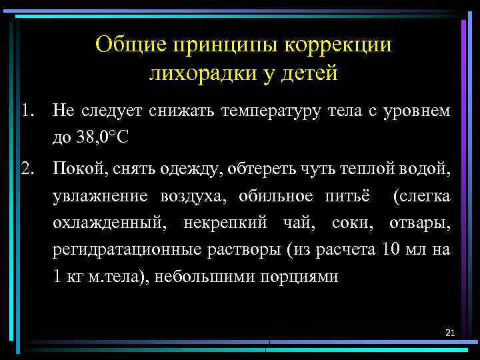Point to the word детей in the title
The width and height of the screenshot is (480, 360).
pos(307,72)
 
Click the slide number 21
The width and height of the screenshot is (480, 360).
pos(449,332)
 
